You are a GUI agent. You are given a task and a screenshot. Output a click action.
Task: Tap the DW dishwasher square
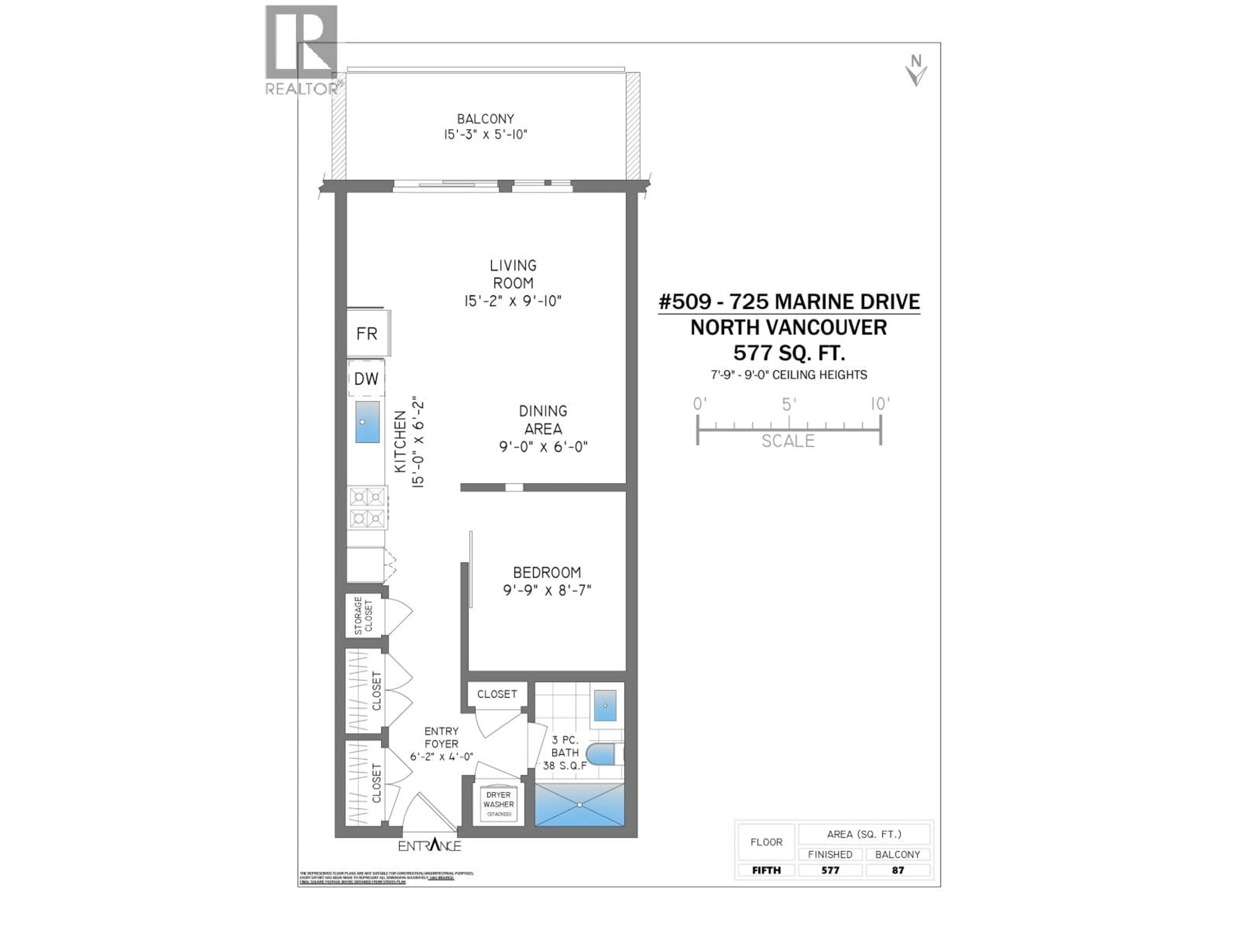click(x=366, y=379)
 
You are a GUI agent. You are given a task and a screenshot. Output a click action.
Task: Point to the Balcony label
click(x=485, y=119)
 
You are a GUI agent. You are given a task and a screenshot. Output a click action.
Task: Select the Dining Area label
click(x=543, y=419)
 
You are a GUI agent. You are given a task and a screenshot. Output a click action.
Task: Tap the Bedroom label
click(x=547, y=572)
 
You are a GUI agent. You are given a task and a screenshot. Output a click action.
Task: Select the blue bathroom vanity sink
click(x=605, y=705)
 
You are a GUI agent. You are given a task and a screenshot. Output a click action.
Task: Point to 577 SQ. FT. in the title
click(x=789, y=353)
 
